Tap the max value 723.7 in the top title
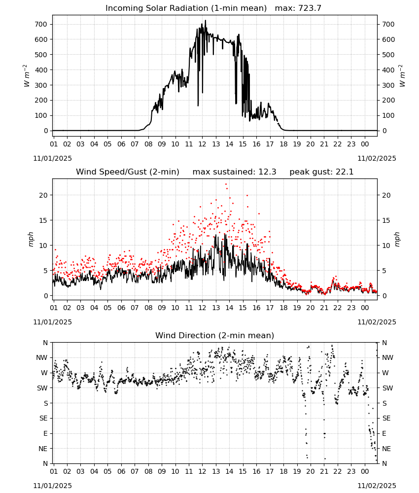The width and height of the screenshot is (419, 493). point(310,8)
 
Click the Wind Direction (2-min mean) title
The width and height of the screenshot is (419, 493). point(215,335)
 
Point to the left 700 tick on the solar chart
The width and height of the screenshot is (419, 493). point(41,24)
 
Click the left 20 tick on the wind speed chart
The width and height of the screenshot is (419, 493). point(43,195)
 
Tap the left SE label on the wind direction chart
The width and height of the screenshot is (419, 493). point(43,418)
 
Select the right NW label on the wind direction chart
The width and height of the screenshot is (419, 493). point(387,357)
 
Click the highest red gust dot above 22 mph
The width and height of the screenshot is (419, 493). point(226,184)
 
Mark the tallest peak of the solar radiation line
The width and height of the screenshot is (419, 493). point(206,20)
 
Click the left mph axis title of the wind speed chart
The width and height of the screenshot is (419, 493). point(31,239)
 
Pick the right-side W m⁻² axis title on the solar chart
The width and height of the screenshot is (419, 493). point(402,76)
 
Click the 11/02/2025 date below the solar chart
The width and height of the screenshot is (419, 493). point(377,158)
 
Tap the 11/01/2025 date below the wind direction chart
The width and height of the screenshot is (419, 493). point(52,486)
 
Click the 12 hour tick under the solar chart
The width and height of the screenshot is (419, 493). point(202,144)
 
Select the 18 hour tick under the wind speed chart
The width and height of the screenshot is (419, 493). point(283,308)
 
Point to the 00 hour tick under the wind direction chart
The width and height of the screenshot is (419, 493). point(365,471)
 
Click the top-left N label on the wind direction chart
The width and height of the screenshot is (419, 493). point(45,343)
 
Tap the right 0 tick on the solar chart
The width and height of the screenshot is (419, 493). point(384,131)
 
